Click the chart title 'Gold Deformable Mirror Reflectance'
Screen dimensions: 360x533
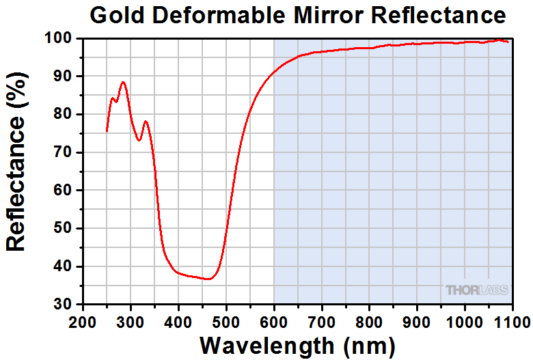click(x=298, y=14)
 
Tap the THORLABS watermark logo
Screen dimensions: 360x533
click(x=477, y=290)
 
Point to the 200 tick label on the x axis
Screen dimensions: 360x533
click(x=83, y=320)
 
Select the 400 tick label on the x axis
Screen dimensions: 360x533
click(x=178, y=320)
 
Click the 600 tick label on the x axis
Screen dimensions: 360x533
click(x=274, y=320)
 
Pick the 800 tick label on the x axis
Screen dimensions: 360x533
click(x=370, y=320)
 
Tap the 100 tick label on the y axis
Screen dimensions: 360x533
click(x=61, y=39)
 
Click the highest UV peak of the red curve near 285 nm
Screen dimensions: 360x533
click(x=123, y=82)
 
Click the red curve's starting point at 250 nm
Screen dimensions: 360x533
click(x=107, y=130)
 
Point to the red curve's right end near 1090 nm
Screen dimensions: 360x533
click(x=508, y=42)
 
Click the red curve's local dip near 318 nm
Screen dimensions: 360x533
click(x=139, y=140)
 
